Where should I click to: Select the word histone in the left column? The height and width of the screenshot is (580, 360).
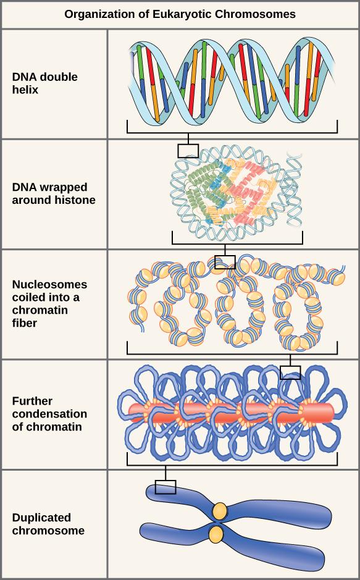click(77, 200)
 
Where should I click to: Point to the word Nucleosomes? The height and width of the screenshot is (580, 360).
click(49, 285)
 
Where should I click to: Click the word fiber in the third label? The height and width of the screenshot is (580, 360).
click(25, 322)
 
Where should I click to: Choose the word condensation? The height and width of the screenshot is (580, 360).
click(49, 414)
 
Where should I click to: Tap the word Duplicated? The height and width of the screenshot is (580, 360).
click(41, 518)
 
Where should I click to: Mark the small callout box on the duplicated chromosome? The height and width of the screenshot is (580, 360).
click(165, 487)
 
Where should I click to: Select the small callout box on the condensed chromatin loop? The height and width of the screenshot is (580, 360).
click(290, 372)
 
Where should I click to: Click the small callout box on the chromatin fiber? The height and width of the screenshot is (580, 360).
click(225, 263)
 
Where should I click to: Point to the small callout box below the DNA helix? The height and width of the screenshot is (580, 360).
click(188, 151)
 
